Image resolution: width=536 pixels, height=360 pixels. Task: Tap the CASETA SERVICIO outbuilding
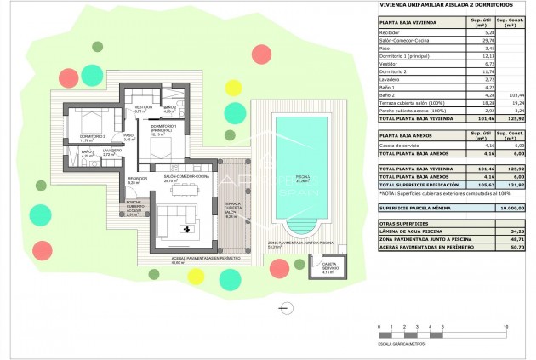point(328,269)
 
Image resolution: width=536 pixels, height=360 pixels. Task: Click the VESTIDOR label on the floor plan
point(143,106)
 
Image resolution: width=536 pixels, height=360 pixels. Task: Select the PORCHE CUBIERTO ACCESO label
point(134,213)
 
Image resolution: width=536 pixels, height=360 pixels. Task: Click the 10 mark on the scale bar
point(506,326)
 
